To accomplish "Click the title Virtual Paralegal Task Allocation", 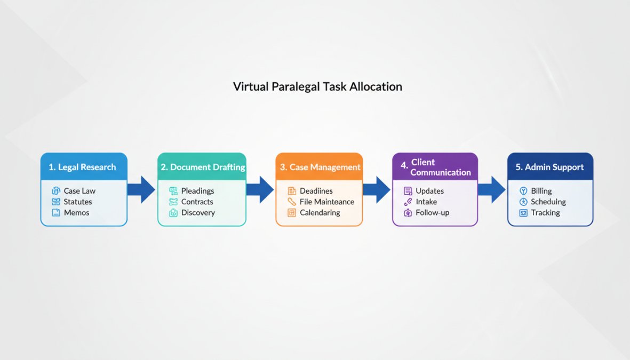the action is (317, 86).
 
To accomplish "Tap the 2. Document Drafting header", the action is (202, 167).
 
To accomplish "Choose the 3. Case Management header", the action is (319, 167).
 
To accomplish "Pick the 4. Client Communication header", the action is (435, 167).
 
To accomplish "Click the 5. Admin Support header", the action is (549, 167).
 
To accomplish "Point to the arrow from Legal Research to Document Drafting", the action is (141, 190).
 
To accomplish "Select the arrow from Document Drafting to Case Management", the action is (260, 190).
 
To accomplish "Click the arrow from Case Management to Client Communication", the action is (377, 190).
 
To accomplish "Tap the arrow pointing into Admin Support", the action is (491, 190).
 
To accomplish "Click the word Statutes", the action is (78, 202).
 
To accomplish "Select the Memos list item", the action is (76, 212).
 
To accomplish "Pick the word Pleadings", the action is (197, 191).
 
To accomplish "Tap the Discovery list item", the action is (198, 212).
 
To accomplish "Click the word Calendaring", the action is (320, 212).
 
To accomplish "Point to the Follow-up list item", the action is (432, 212).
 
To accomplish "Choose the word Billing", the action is (541, 191).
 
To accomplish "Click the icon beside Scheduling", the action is (523, 202).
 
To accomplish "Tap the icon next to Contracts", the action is (173, 202).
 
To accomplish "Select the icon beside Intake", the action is (408, 202).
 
